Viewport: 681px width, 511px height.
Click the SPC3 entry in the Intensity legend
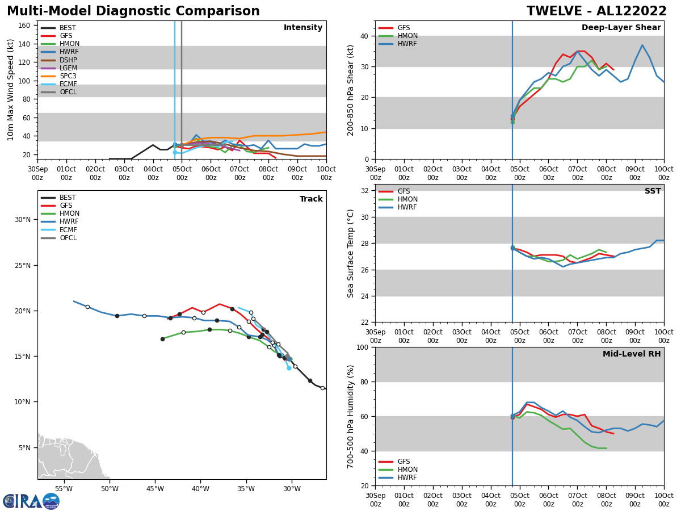pyautogui.click(x=68, y=76)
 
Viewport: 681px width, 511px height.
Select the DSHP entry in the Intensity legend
pyautogui.click(x=68, y=60)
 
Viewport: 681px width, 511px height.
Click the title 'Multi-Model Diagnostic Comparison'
pyautogui.click(x=133, y=11)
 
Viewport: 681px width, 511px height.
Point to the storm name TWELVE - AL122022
pyautogui.click(x=596, y=11)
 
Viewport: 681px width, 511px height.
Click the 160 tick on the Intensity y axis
pyautogui.click(x=26, y=25)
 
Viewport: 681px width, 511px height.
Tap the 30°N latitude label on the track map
pyautogui.click(x=22, y=220)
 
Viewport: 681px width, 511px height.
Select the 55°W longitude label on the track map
pyautogui.click(x=64, y=488)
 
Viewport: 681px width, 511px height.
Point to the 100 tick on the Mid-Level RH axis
pyautogui.click(x=363, y=347)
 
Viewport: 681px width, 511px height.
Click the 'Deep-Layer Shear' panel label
pyautogui.click(x=621, y=28)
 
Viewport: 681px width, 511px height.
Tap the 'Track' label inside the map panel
pyautogui.click(x=311, y=199)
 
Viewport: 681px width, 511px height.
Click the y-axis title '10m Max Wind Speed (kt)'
pyautogui.click(x=11, y=90)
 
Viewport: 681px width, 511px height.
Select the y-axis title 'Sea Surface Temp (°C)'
pyautogui.click(x=350, y=253)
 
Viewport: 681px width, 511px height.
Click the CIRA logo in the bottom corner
pyautogui.click(x=31, y=501)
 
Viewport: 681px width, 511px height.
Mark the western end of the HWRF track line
pyautogui.click(x=74, y=301)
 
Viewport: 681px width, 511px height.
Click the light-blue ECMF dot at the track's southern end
pyautogui.click(x=289, y=368)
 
